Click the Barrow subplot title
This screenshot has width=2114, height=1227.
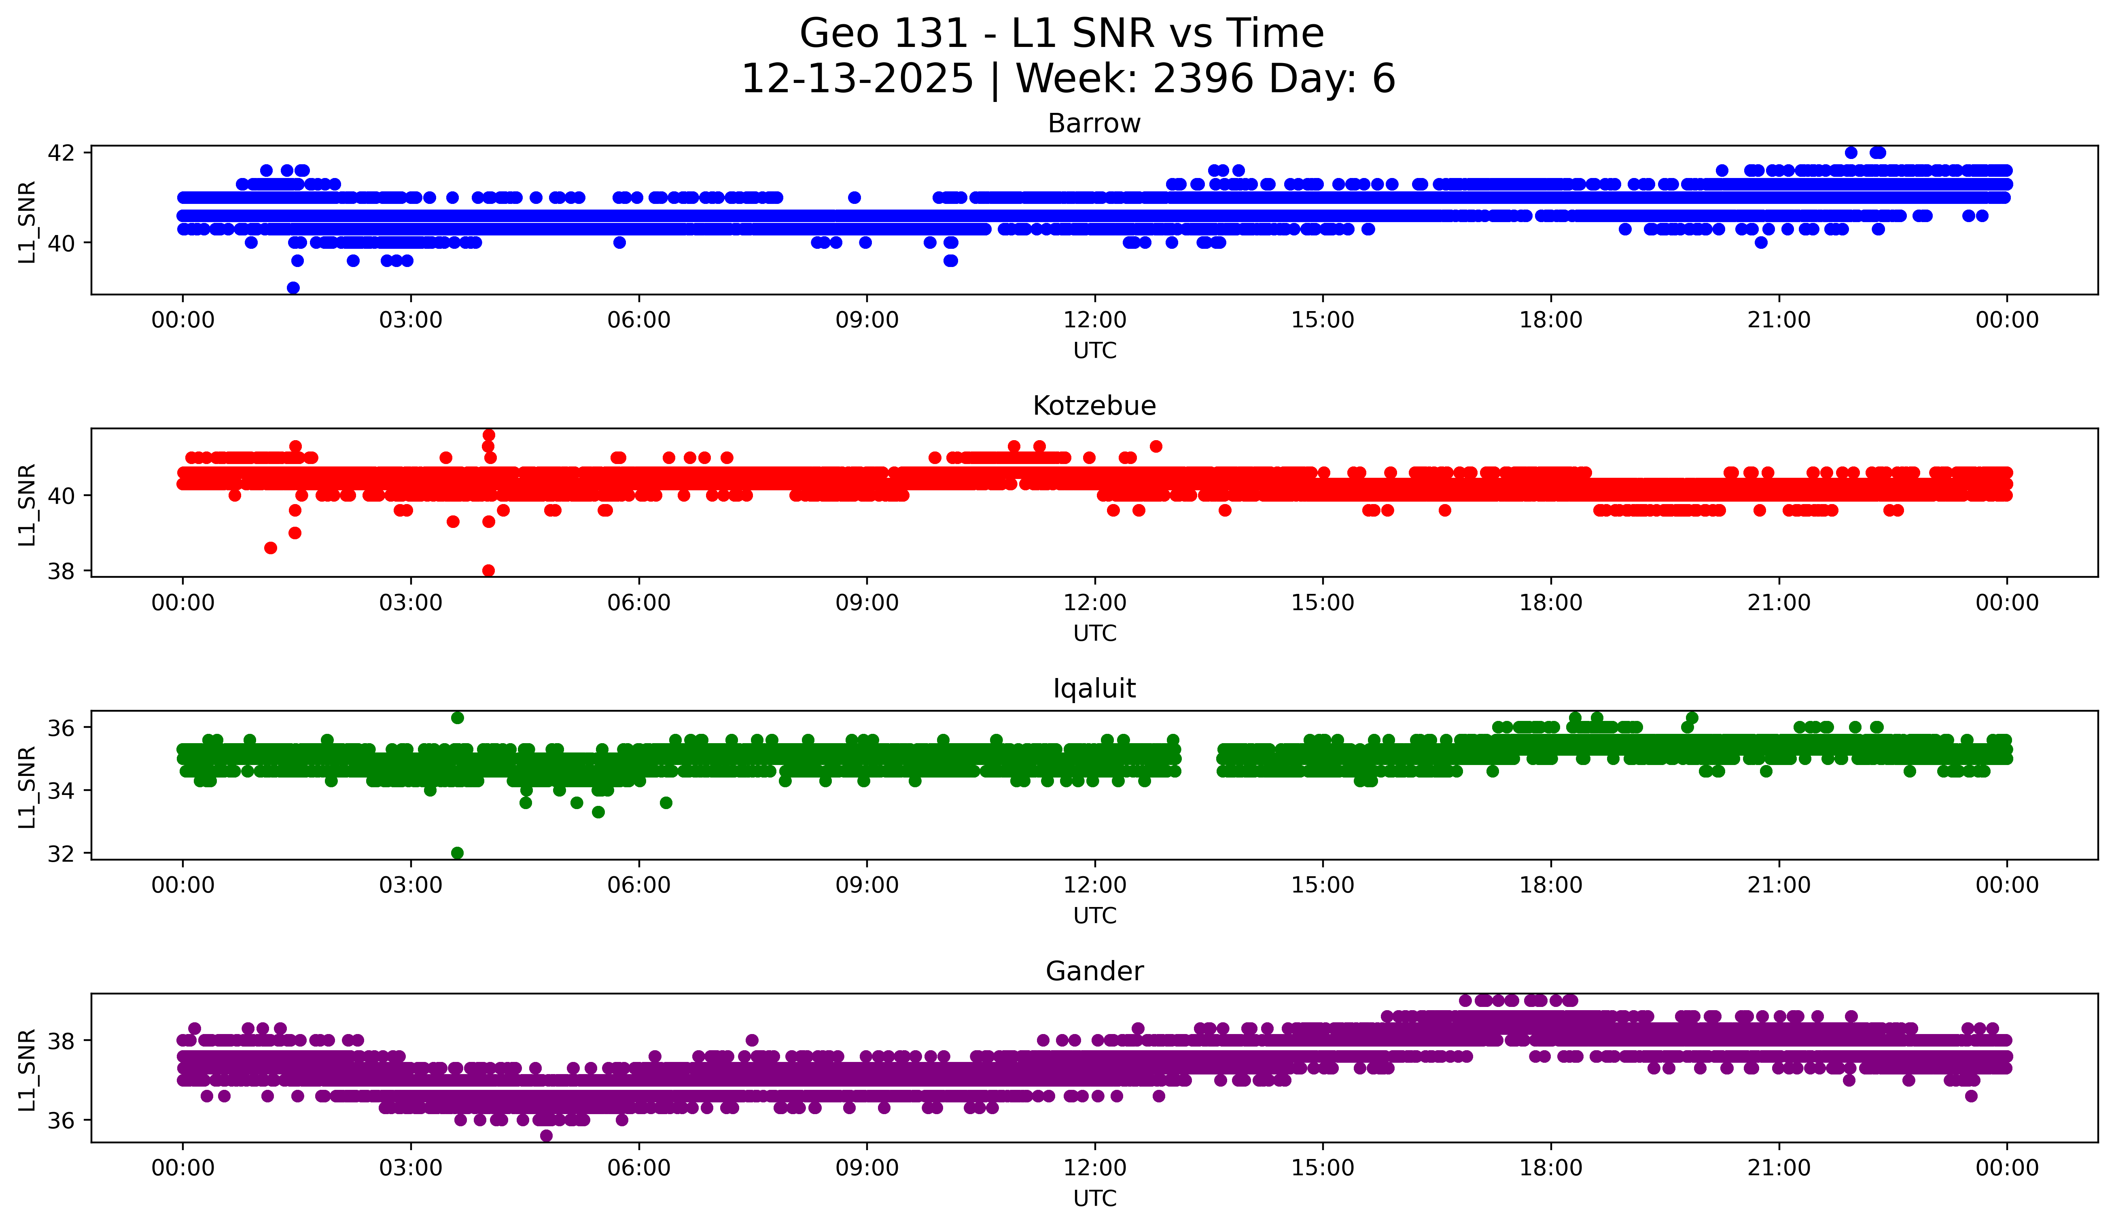1094,123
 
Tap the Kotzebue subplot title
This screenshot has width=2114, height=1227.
1094,406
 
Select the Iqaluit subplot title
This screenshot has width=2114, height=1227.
1094,689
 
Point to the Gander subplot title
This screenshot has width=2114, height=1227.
1094,971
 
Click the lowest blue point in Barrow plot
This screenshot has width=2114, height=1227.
293,288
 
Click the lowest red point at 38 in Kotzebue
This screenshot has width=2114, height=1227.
488,570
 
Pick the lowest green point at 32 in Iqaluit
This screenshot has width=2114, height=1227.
457,853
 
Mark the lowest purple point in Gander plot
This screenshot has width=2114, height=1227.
546,1136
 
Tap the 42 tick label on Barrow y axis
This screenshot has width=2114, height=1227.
61,153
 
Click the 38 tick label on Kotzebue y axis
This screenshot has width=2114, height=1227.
61,571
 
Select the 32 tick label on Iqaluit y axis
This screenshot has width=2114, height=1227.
61,854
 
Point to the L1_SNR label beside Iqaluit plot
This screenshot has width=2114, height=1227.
27,787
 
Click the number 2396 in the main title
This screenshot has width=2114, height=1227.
1203,79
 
